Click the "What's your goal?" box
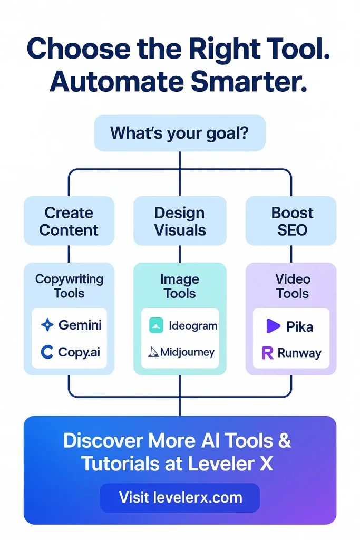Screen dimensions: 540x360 (x=179, y=133)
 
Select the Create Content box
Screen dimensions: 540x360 (x=69, y=221)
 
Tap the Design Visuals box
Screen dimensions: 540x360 (x=179, y=221)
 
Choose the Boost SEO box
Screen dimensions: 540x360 (x=291, y=221)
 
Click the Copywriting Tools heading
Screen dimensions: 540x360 (x=69, y=286)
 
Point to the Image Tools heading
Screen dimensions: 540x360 (x=180, y=286)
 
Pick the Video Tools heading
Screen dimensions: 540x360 (x=293, y=286)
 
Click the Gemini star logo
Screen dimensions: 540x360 (x=47, y=325)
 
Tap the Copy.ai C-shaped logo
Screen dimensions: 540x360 (x=47, y=352)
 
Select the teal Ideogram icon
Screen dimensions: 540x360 (x=156, y=325)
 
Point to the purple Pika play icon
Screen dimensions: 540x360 (x=273, y=326)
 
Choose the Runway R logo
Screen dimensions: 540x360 (x=268, y=353)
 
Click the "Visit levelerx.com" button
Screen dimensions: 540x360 (x=180, y=497)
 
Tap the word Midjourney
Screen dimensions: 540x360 (x=187, y=352)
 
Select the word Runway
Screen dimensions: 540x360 (x=299, y=353)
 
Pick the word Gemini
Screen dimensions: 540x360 (x=80, y=325)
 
